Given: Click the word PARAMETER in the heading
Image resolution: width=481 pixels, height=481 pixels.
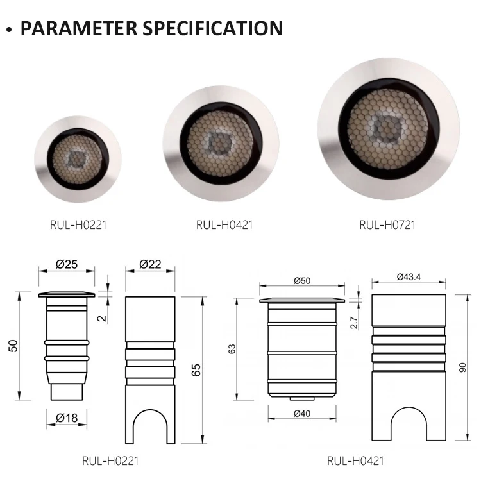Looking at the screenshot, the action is (79, 28).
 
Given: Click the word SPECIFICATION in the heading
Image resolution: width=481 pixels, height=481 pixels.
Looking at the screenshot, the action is (212, 28).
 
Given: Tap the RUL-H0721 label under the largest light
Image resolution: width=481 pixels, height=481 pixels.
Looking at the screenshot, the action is (387, 225).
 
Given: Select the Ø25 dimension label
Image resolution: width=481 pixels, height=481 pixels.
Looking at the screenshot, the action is (67, 264).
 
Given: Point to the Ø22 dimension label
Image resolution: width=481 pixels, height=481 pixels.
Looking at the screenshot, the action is (150, 264).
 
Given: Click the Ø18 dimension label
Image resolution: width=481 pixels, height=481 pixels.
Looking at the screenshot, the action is (67, 418).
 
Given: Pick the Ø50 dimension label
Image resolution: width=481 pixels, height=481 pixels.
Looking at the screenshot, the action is (302, 281).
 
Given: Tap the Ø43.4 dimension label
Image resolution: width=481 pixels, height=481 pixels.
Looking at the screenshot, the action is (409, 277).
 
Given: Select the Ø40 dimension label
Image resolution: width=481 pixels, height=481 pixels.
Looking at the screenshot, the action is (302, 414).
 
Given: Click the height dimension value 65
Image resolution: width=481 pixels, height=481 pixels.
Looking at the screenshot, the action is (196, 370).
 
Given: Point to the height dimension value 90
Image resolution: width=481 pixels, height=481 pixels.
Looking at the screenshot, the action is (462, 367).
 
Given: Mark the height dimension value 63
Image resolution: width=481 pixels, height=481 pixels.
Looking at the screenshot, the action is (232, 349).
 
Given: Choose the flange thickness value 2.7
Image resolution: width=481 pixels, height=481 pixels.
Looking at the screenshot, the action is (353, 323).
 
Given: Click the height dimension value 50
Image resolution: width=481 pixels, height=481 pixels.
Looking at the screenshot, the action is (13, 346).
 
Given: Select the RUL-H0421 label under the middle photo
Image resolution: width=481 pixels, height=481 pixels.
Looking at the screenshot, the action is (224, 225).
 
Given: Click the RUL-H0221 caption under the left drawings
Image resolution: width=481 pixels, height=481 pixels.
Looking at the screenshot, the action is (110, 460).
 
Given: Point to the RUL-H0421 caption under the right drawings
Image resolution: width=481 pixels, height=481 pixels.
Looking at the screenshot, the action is (355, 460).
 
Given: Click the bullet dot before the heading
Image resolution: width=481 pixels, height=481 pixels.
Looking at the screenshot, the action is (10, 30).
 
